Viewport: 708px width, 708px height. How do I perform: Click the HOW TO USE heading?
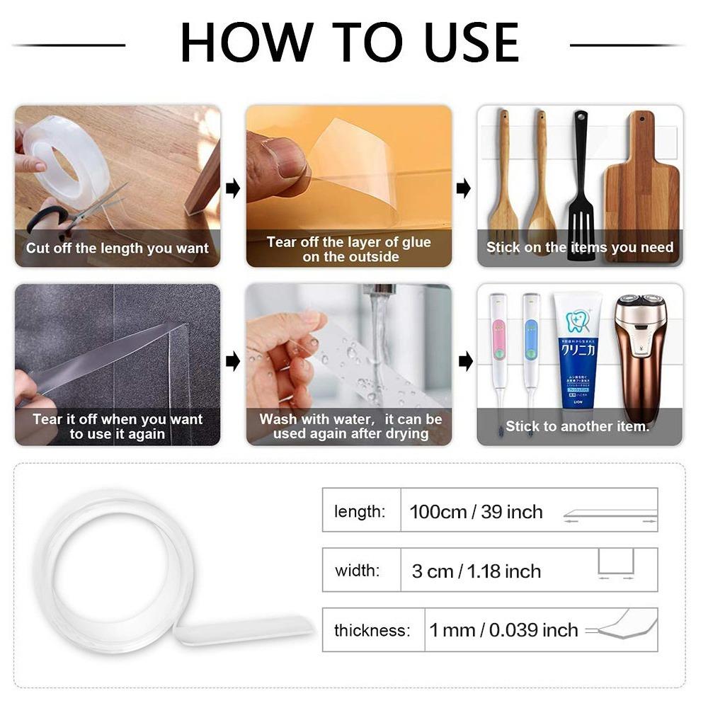click(350, 43)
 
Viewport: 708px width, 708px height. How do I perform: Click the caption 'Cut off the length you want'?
click(118, 249)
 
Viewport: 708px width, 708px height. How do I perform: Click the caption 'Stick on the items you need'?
click(580, 248)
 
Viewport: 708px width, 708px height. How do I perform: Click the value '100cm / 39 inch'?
click(476, 512)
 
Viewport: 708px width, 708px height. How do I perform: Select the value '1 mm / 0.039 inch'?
click(503, 629)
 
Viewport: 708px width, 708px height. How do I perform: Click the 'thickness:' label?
click(372, 630)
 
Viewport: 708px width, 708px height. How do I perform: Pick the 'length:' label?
click(360, 512)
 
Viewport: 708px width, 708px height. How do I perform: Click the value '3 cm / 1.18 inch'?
click(476, 571)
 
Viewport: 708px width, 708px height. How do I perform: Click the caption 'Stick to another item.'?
click(577, 426)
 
